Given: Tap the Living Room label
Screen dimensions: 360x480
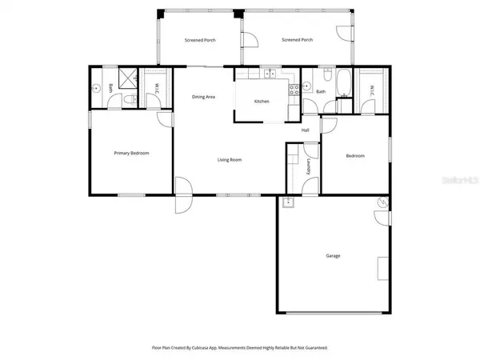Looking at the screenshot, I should tap(230, 160).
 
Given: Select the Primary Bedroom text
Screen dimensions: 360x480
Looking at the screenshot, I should tap(131, 153).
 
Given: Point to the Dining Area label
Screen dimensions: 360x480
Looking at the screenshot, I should tap(203, 97).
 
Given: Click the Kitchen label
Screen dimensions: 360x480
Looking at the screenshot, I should tap(262, 102).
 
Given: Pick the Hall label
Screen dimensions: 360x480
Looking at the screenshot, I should tap(306, 130).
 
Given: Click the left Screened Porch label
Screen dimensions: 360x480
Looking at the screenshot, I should tap(200, 40).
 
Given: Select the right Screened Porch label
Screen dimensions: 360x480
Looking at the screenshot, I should tap(297, 40).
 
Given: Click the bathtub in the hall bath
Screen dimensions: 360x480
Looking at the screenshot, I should tap(344, 82).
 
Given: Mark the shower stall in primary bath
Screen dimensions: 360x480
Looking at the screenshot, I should tap(126, 78).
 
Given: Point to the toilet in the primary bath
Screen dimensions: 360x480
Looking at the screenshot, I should tap(127, 100).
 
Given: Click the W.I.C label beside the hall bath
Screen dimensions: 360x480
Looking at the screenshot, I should tap(369, 89).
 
